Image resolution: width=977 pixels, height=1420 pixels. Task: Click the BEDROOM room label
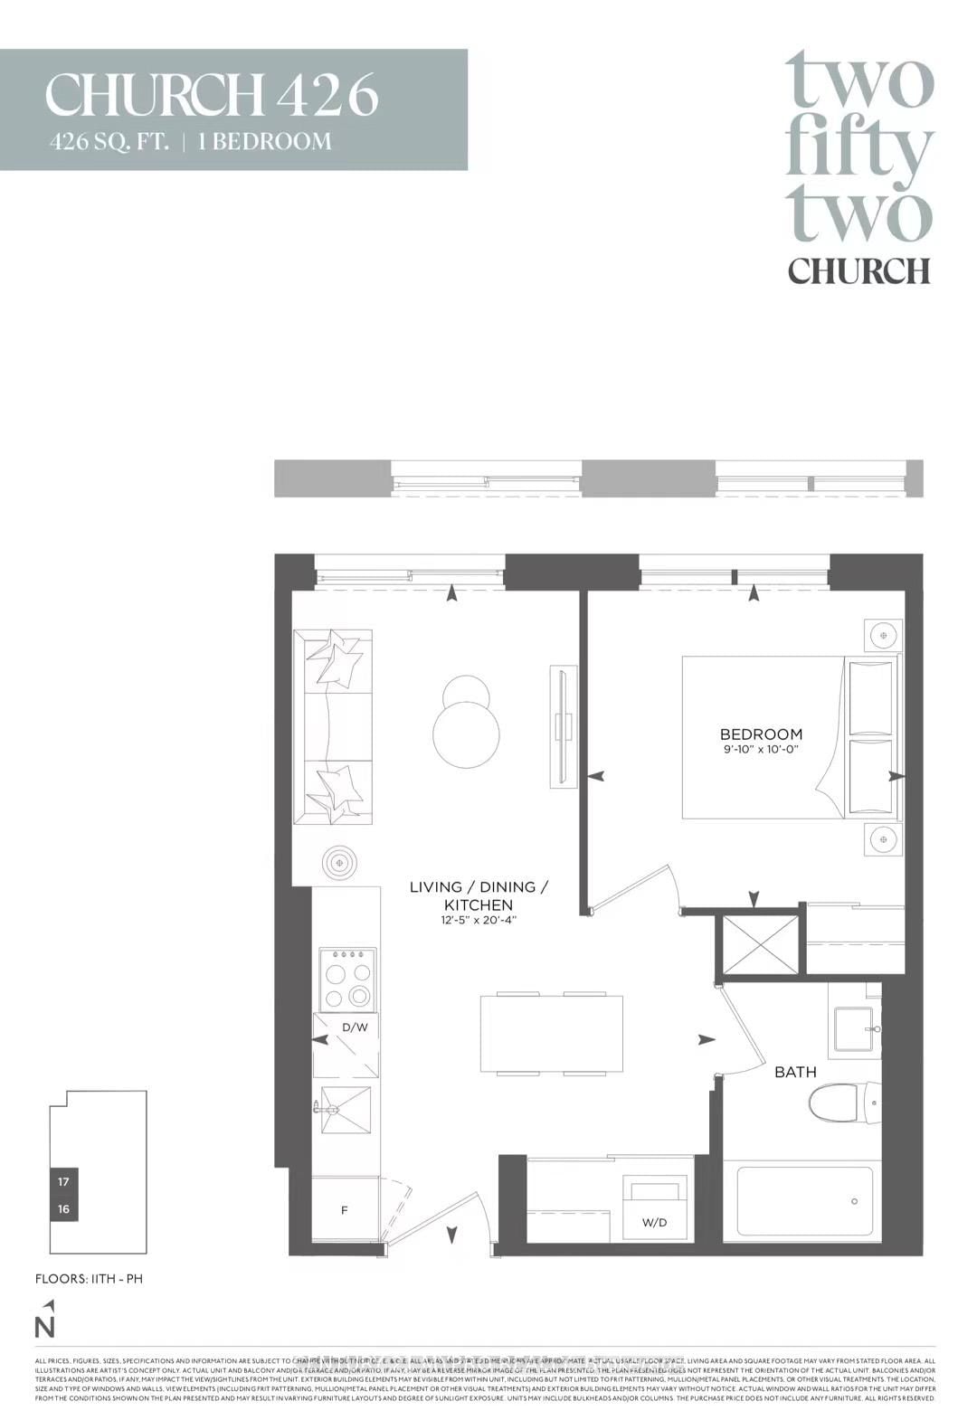(x=760, y=734)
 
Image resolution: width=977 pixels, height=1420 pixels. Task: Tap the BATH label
(x=794, y=1072)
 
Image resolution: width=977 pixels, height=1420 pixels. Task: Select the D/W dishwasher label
(x=354, y=1027)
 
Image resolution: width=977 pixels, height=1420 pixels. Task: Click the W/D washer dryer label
(x=654, y=1223)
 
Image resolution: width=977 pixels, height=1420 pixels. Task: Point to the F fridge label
(x=345, y=1210)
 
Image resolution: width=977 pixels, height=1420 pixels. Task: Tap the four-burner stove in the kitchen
(x=348, y=979)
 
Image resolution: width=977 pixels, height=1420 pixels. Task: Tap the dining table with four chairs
(x=551, y=1033)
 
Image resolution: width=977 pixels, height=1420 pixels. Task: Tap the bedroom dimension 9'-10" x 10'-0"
(x=761, y=750)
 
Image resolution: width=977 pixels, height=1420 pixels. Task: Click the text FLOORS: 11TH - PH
(x=89, y=1279)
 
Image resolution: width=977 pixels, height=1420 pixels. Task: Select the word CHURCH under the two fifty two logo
(x=858, y=270)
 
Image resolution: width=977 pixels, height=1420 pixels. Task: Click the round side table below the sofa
(x=339, y=864)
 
